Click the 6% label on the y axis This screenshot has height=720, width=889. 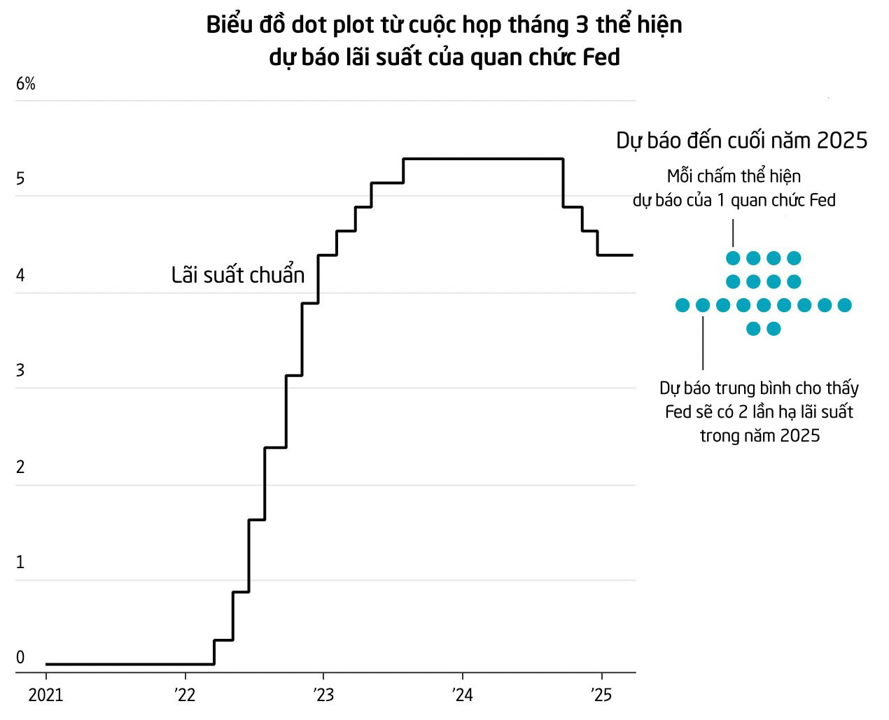coord(26,84)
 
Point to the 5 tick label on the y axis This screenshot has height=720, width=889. coord(20,179)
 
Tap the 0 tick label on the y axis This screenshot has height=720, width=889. coord(20,657)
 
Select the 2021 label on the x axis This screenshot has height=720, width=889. coord(45,695)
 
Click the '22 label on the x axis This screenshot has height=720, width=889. coord(185,695)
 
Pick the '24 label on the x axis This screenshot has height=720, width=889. coord(462,695)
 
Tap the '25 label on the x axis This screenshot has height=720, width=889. coord(601,695)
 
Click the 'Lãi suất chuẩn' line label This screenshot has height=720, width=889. coord(238,275)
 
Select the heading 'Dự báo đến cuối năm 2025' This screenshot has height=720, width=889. coord(741,141)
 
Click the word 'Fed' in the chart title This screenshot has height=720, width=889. coord(601,57)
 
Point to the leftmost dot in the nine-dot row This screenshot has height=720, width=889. coord(682,305)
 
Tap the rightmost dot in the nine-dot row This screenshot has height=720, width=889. coord(844,305)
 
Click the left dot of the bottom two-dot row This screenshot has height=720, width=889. coord(753,329)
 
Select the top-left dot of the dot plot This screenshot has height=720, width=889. coord(733,258)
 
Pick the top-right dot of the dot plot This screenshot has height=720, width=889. coord(794,258)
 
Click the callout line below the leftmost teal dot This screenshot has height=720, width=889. coord(703,343)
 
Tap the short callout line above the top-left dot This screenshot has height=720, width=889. coord(733,232)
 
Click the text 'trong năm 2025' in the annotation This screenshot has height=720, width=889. coord(759,436)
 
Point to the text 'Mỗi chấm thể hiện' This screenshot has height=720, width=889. coord(734,176)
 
